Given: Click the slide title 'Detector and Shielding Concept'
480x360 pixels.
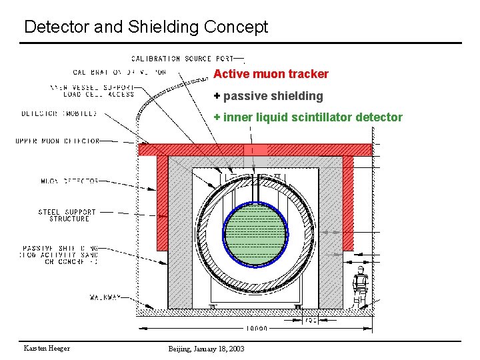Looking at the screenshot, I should (145, 27).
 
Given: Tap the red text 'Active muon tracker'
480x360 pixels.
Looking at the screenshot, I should (271, 74).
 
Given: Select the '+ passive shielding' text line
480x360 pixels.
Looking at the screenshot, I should (268, 96).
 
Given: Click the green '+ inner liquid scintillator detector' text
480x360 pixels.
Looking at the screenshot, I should (308, 117).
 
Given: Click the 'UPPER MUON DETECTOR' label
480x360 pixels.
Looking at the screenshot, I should (57, 141).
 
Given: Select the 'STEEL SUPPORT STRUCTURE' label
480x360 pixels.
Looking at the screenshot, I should (67, 215).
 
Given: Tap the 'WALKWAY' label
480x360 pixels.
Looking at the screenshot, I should (105, 297).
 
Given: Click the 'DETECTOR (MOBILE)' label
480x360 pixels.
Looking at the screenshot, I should (59, 113).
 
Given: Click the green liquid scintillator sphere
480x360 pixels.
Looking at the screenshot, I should (256, 234).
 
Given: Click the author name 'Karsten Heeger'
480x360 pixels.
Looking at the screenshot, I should (47, 349).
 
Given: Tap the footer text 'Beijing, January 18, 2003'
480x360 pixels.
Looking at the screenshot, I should (206, 349).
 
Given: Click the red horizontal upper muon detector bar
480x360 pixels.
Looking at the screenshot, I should (255, 150).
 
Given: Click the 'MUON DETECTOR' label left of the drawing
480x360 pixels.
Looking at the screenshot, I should (70, 181).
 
